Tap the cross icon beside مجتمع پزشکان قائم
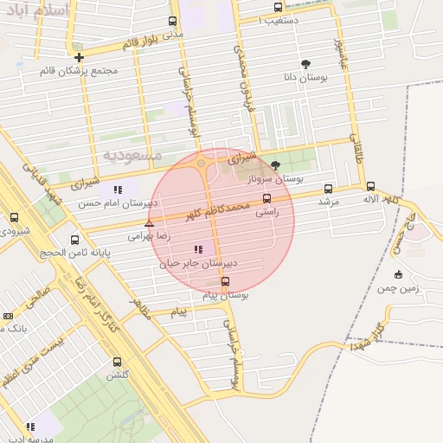[79, 57]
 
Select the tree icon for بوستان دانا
[305, 64]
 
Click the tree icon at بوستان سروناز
[276, 164]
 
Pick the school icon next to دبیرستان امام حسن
[118, 189]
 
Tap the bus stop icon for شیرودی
[14, 218]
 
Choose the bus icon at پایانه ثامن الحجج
[74, 240]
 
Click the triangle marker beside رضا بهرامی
[149, 223]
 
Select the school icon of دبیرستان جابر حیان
[199, 249]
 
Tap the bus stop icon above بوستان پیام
[225, 281]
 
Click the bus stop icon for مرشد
[328, 189]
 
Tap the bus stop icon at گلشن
[117, 363]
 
